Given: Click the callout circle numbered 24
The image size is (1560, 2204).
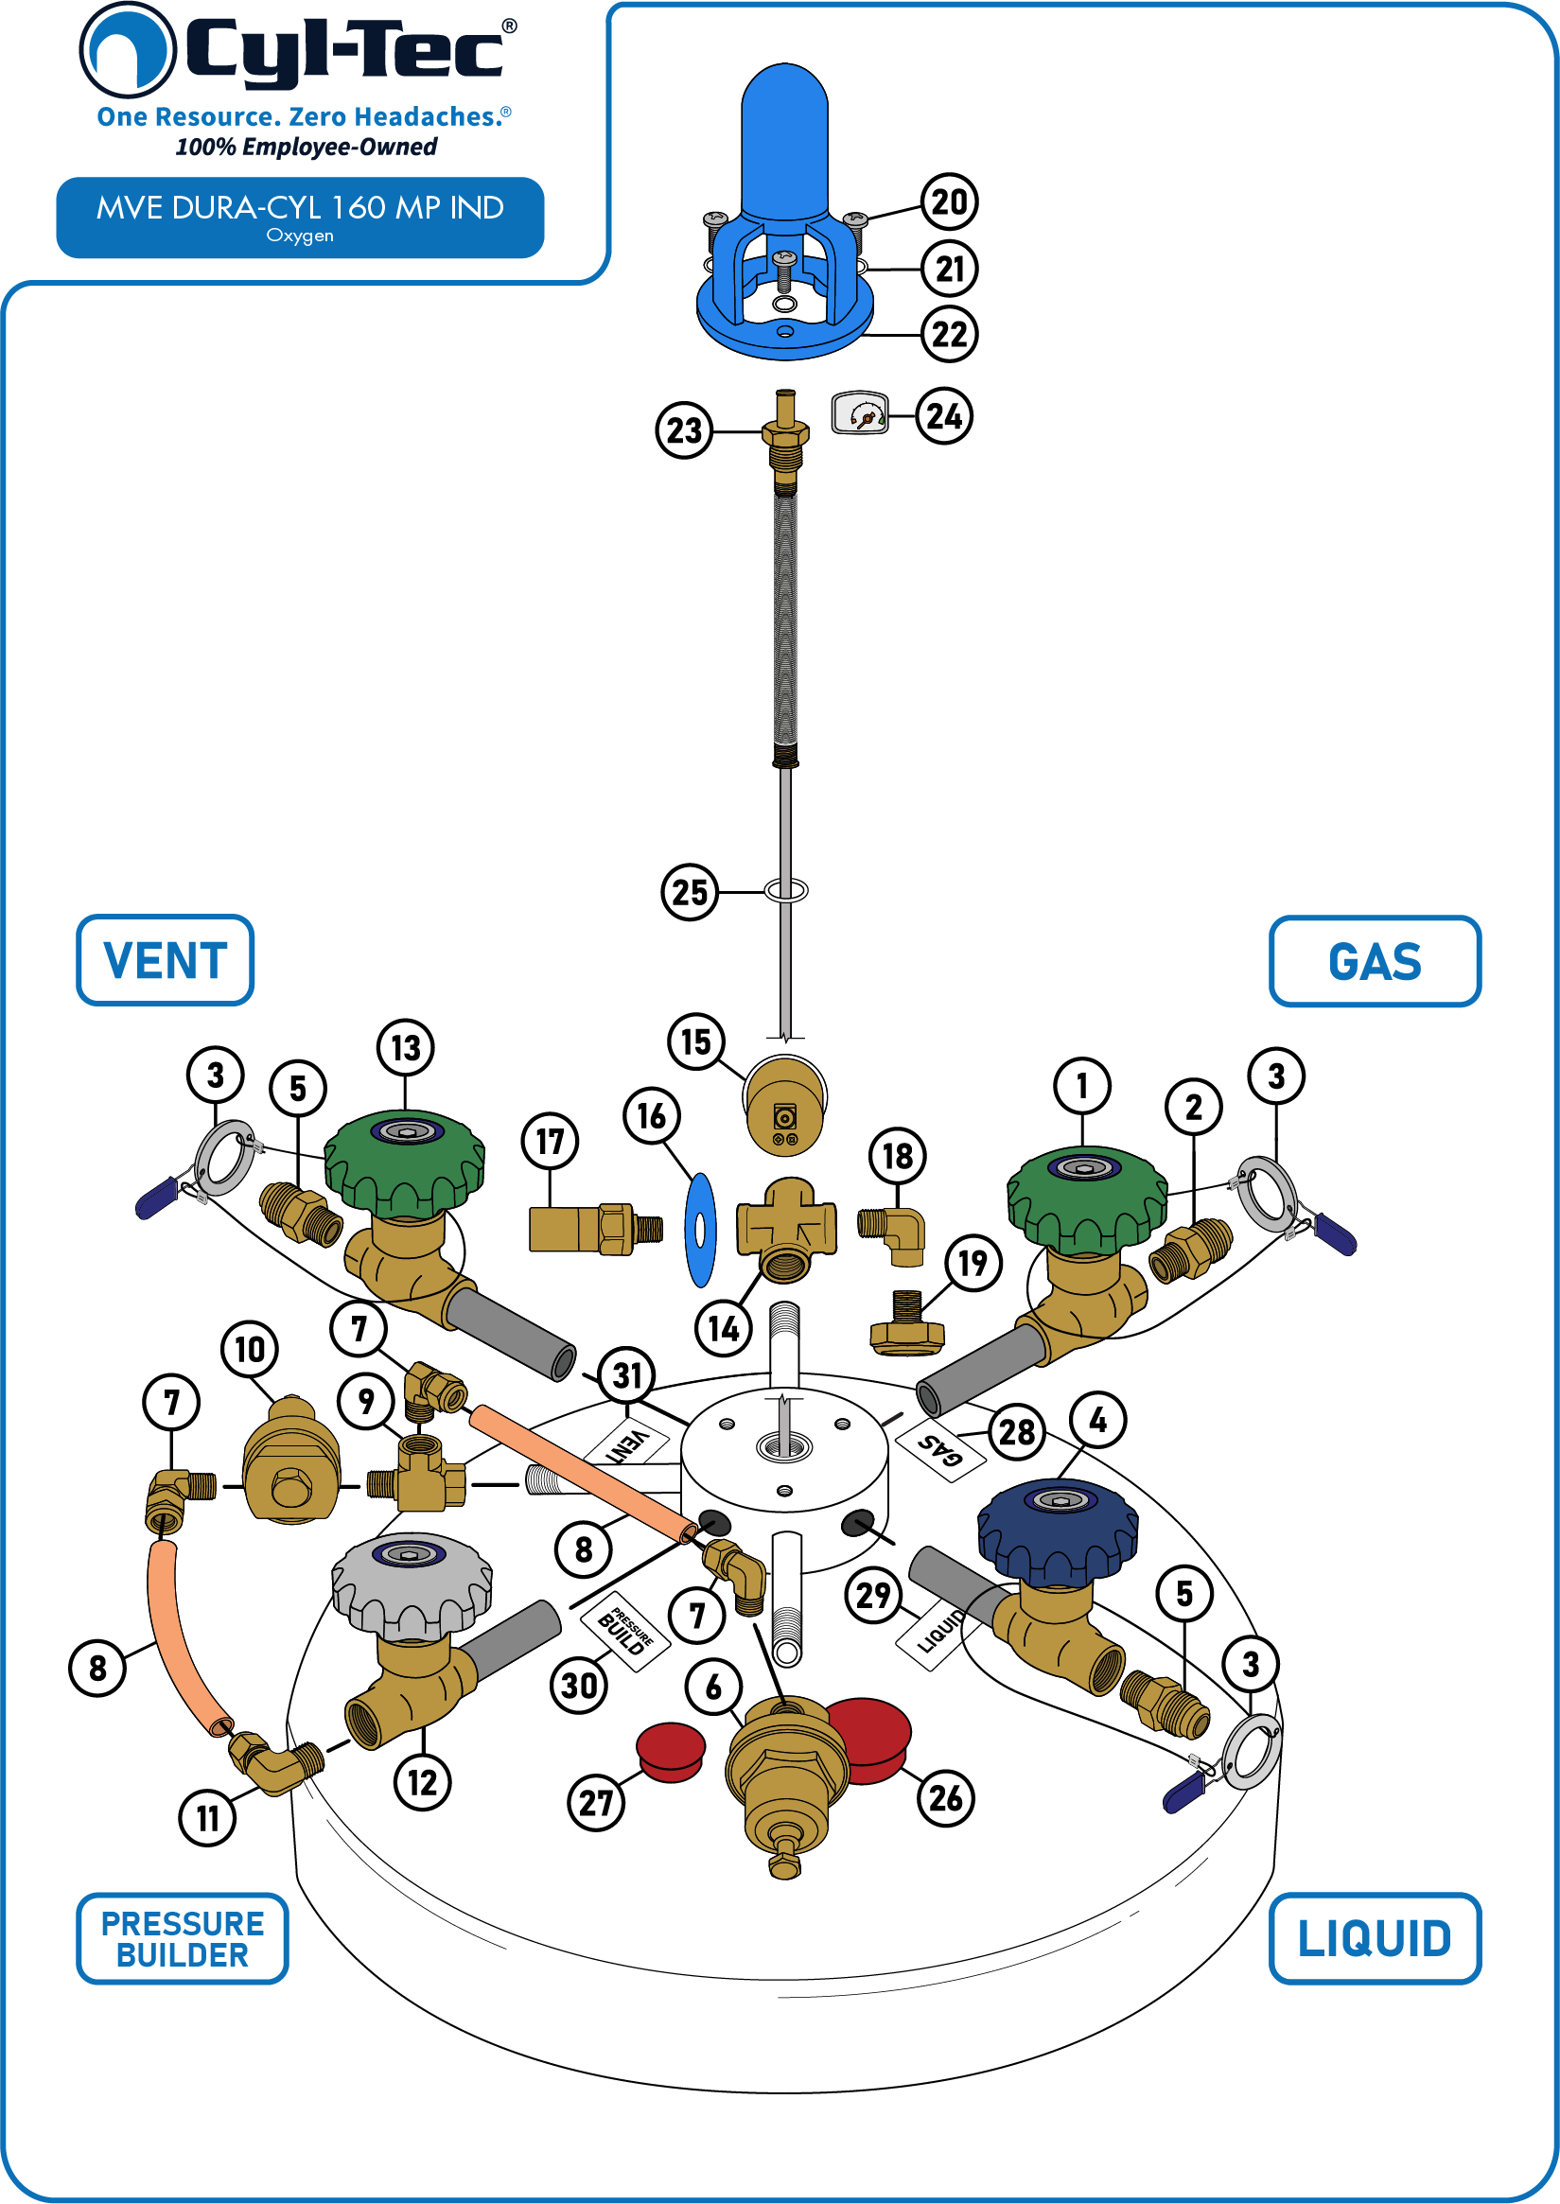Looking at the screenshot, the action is pos(944,416).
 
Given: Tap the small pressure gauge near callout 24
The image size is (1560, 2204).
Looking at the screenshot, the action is pos(860,413).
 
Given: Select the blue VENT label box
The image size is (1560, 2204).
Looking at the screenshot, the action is pos(166,960).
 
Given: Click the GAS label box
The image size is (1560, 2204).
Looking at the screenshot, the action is pos(1375,961).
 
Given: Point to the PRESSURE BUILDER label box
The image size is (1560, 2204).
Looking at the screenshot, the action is pos(183,1939).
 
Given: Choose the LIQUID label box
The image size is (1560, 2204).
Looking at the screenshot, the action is pos(1375,1939).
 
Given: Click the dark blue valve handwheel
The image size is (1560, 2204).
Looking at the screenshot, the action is pos(1058,1533).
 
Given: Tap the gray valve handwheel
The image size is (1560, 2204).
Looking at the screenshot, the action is pos(412,1585).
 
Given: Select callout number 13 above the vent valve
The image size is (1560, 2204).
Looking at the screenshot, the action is pos(405,1048).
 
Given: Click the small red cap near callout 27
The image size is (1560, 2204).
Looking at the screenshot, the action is pos(671,1752).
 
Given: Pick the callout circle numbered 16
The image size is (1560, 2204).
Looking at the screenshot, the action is pos(651,1116).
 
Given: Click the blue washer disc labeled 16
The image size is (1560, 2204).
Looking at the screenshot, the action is pos(700,1231).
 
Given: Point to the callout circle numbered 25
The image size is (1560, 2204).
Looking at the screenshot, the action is pos(690,892).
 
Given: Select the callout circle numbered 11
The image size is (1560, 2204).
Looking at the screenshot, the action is pos(207,1818).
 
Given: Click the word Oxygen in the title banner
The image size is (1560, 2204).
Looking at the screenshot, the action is pos(300,236).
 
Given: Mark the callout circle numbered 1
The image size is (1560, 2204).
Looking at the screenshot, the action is pos(1081,1086).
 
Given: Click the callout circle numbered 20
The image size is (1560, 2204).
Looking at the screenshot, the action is pos(949,201).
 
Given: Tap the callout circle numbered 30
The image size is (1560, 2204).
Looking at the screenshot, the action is pos(579,1686).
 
